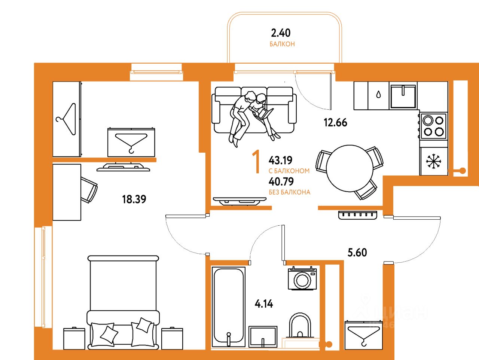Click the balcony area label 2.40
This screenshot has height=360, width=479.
[281, 33]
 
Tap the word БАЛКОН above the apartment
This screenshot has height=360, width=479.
[282, 44]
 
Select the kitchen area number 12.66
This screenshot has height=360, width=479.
[335, 122]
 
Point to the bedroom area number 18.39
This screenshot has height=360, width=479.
[134, 199]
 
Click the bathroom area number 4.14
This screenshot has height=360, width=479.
[264, 304]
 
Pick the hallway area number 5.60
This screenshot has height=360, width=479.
[357, 253]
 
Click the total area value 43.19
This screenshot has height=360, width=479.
[281, 161]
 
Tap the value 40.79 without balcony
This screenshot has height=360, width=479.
[281, 182]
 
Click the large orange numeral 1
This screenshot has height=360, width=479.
[256, 162]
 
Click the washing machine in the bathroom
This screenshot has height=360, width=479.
[302, 279]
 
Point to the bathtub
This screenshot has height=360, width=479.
[228, 306]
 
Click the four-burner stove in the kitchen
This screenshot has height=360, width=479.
[433, 126]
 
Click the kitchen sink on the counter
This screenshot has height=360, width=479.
[403, 96]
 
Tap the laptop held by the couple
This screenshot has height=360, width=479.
[265, 113]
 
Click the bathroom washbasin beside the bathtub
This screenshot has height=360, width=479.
[263, 337]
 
